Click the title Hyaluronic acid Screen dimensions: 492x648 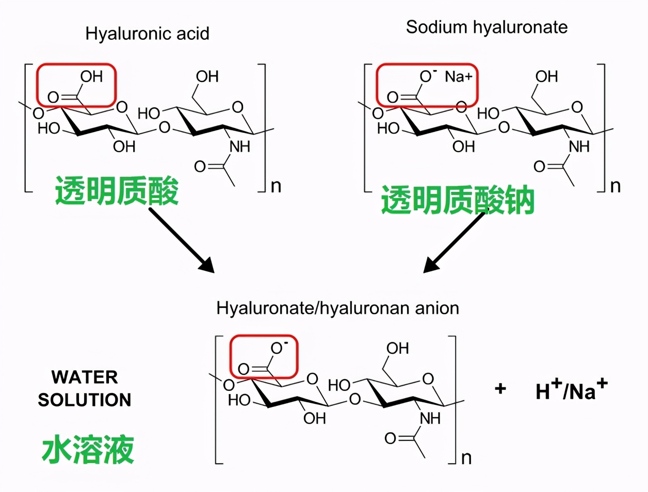click(147, 34)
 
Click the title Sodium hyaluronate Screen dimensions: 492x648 click(487, 27)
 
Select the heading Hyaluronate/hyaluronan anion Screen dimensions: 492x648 click(337, 308)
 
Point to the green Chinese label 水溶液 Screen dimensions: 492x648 click(88, 449)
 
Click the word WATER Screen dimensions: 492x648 click(85, 377)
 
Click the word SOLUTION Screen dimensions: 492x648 click(85, 400)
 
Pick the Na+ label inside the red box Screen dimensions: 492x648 click(458, 77)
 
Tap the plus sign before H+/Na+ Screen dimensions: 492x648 click(500, 388)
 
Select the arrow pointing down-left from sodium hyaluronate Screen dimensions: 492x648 click(453, 242)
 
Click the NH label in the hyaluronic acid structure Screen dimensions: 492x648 click(239, 146)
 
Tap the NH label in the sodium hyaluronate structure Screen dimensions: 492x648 click(579, 146)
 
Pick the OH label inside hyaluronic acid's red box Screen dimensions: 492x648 click(91, 77)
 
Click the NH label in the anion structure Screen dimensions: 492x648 click(430, 418)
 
